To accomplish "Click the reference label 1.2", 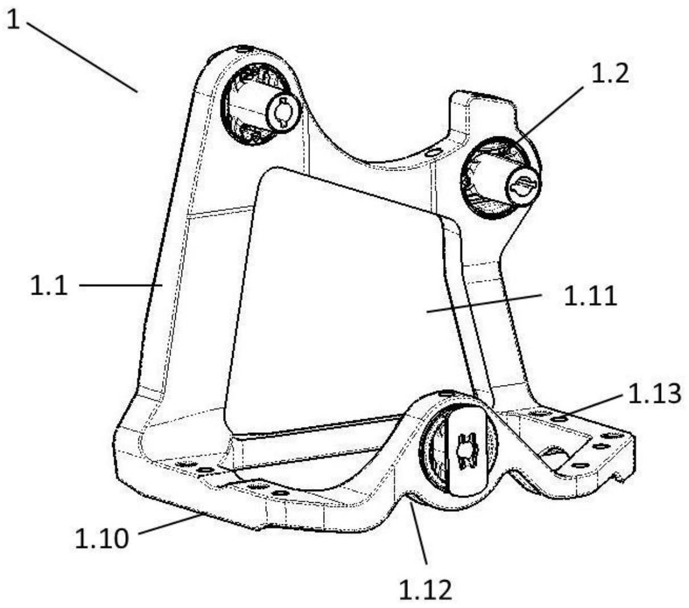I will coord(610,75).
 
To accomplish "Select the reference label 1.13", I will coord(654,394).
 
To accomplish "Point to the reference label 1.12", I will coord(426,591).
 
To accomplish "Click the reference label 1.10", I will coord(102,537).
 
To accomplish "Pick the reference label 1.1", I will coord(49,285).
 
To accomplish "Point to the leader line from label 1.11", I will coord(484,303).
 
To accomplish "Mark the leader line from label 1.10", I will coord(171,524).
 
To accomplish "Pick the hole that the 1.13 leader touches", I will coord(559,419).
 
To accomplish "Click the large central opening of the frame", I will coord(341,296).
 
